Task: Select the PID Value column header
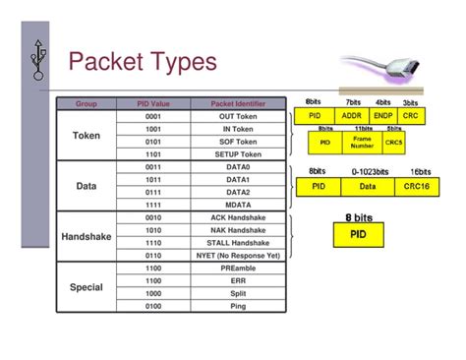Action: point(153,103)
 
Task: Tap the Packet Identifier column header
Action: point(238,103)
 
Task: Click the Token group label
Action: point(87,135)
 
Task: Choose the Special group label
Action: point(87,287)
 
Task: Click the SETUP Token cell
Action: point(238,154)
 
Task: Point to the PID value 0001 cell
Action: point(153,116)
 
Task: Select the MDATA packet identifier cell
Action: point(238,205)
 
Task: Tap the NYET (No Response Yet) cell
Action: point(238,255)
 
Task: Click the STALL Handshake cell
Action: point(238,242)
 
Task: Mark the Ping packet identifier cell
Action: point(238,306)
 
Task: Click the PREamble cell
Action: point(238,268)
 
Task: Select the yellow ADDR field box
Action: point(351,115)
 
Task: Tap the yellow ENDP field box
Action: point(383,115)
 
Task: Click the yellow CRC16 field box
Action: point(420,185)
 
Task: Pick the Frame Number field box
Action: point(362,143)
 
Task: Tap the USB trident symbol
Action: point(38,60)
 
